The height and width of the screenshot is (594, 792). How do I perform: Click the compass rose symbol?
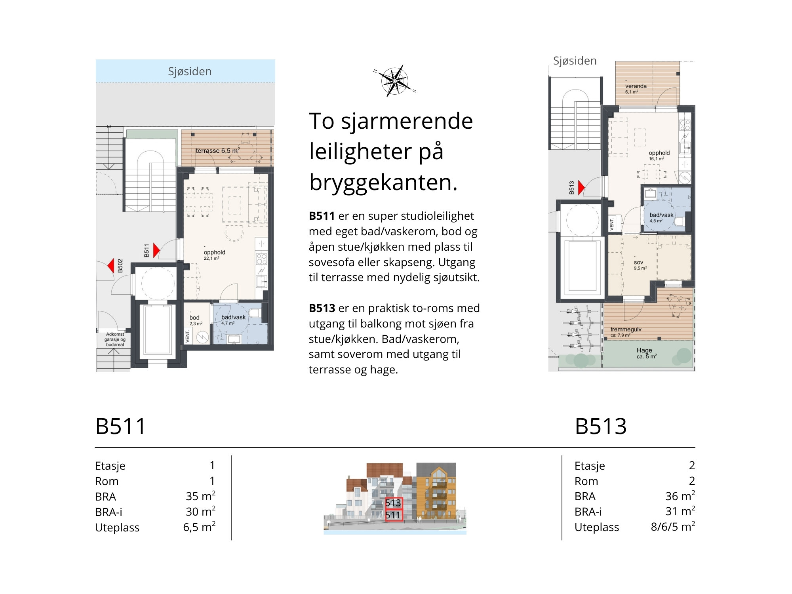[395, 81]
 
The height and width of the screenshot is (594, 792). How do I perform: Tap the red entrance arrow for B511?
[156, 250]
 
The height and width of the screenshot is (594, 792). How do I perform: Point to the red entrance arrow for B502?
[111, 266]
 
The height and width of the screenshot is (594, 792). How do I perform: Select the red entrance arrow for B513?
[581, 188]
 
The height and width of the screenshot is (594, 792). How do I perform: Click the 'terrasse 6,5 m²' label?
[218, 150]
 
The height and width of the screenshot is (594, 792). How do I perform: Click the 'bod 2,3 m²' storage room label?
[196, 320]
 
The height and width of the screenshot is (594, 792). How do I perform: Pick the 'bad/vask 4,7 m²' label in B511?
[233, 320]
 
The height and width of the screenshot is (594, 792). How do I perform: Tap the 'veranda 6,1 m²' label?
[636, 89]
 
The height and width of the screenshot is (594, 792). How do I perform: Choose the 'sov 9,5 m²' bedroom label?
[640, 265]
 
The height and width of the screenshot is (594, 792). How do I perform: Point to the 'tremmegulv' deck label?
[626, 329]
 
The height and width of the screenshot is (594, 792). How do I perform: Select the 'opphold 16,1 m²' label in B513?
[659, 156]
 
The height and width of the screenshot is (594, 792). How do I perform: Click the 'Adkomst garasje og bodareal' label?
[115, 339]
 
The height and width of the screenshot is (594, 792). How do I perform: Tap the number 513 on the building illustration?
[393, 503]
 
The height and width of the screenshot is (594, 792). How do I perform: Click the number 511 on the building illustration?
[393, 515]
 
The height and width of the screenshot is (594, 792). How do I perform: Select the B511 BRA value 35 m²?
[200, 496]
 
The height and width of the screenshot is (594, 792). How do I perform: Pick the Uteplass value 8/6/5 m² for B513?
[673, 527]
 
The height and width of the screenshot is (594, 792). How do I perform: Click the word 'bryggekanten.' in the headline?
[383, 182]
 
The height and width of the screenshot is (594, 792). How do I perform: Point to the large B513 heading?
[601, 426]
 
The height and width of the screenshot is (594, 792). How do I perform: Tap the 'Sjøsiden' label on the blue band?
[190, 71]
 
